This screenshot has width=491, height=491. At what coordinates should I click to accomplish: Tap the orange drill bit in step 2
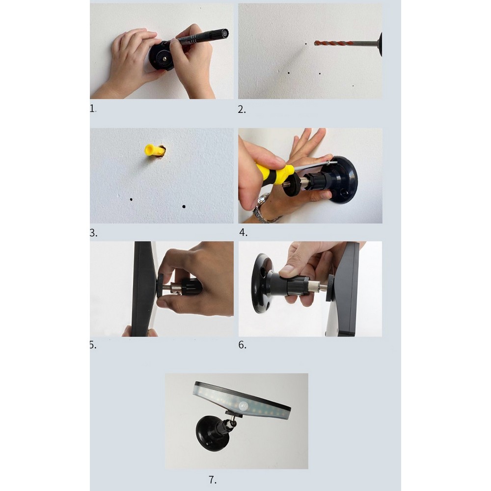click(x=331, y=43)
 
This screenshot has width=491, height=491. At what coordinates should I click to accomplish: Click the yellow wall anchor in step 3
click(x=153, y=150)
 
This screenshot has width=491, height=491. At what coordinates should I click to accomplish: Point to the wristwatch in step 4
click(x=262, y=208)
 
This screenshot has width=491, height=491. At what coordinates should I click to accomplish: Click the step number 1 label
click(x=93, y=109)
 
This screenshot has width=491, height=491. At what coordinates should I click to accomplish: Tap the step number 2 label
click(x=242, y=109)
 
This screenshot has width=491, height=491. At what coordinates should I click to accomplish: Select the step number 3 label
click(x=93, y=233)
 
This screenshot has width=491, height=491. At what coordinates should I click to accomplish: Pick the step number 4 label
click(x=244, y=232)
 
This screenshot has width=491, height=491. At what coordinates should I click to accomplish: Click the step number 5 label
click(x=93, y=345)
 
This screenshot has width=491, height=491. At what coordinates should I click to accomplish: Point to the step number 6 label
click(x=242, y=345)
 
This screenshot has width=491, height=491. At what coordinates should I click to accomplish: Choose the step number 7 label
click(x=212, y=479)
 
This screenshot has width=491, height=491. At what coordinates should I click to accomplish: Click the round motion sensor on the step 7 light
click(x=244, y=406)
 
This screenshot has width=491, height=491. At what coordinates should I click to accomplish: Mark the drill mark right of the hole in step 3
click(x=184, y=206)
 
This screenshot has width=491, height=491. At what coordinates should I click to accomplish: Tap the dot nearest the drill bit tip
click(x=306, y=44)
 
